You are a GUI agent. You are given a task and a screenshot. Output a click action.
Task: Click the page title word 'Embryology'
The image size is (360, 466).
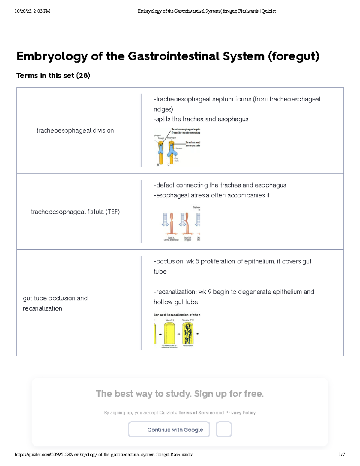tap(52, 56)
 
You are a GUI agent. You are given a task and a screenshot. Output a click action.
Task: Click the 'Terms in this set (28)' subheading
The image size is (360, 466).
tap(53, 76)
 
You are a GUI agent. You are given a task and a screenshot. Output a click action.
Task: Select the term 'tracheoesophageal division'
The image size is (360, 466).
tap(75, 131)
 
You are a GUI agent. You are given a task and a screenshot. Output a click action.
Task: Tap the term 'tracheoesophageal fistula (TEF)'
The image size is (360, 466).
tap(75, 212)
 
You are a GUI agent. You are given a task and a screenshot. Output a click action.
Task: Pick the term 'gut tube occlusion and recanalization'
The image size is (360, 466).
tap(55, 303)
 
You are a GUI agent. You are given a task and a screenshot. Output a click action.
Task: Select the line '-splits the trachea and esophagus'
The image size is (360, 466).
tap(201, 119)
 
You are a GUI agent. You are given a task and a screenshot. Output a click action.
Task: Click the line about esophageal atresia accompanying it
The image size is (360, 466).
tap(211, 195)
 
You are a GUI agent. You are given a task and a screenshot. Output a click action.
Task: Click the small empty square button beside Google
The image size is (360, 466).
tap(224, 429)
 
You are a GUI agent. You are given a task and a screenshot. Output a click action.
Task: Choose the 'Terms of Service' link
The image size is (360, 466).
tap(196, 413)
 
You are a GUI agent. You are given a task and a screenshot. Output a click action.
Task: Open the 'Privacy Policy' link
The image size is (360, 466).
tap(240, 413)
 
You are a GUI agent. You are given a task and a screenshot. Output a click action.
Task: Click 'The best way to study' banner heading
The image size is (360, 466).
tap(180, 394)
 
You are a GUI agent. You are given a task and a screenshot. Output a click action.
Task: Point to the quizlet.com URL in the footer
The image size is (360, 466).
tap(103, 455)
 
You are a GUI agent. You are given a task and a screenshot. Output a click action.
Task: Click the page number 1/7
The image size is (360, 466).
tap(342, 455)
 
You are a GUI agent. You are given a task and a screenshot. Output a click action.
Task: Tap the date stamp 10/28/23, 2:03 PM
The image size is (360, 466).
tap(32, 11)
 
